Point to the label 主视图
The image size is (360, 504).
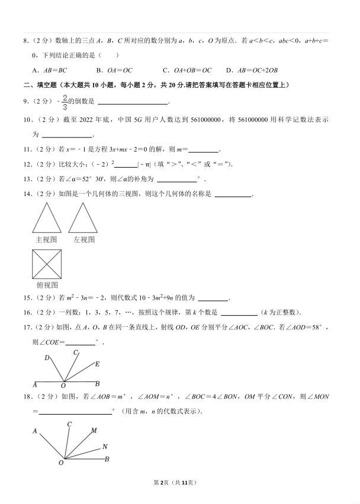[46, 240]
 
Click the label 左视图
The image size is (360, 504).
[84, 240]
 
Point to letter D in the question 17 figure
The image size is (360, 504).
[47, 358]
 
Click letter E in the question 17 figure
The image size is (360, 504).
[97, 364]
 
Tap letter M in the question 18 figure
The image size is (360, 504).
[94, 431]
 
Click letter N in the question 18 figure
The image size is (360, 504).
[104, 447]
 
